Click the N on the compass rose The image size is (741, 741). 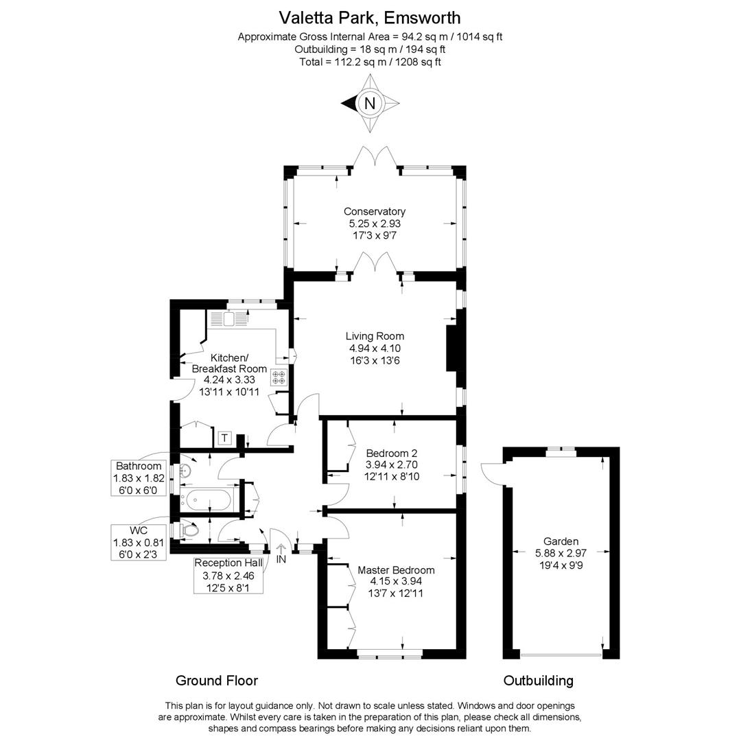click(x=370, y=104)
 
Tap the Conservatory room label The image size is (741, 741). click(x=374, y=212)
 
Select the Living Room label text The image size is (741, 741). click(x=374, y=336)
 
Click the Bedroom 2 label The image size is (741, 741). click(x=391, y=454)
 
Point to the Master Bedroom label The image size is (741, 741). click(x=396, y=570)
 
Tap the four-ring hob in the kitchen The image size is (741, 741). click(x=279, y=376)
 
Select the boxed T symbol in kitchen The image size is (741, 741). click(x=224, y=438)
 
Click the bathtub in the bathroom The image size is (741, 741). click(x=207, y=500)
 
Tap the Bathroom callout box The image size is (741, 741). click(x=139, y=477)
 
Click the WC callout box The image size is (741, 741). click(x=139, y=543)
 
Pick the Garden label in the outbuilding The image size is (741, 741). click(x=561, y=541)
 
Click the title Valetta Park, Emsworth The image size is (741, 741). click(x=370, y=17)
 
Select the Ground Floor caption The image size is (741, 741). click(x=217, y=681)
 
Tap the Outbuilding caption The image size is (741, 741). click(x=538, y=681)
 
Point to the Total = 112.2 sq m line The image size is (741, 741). click(x=370, y=62)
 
